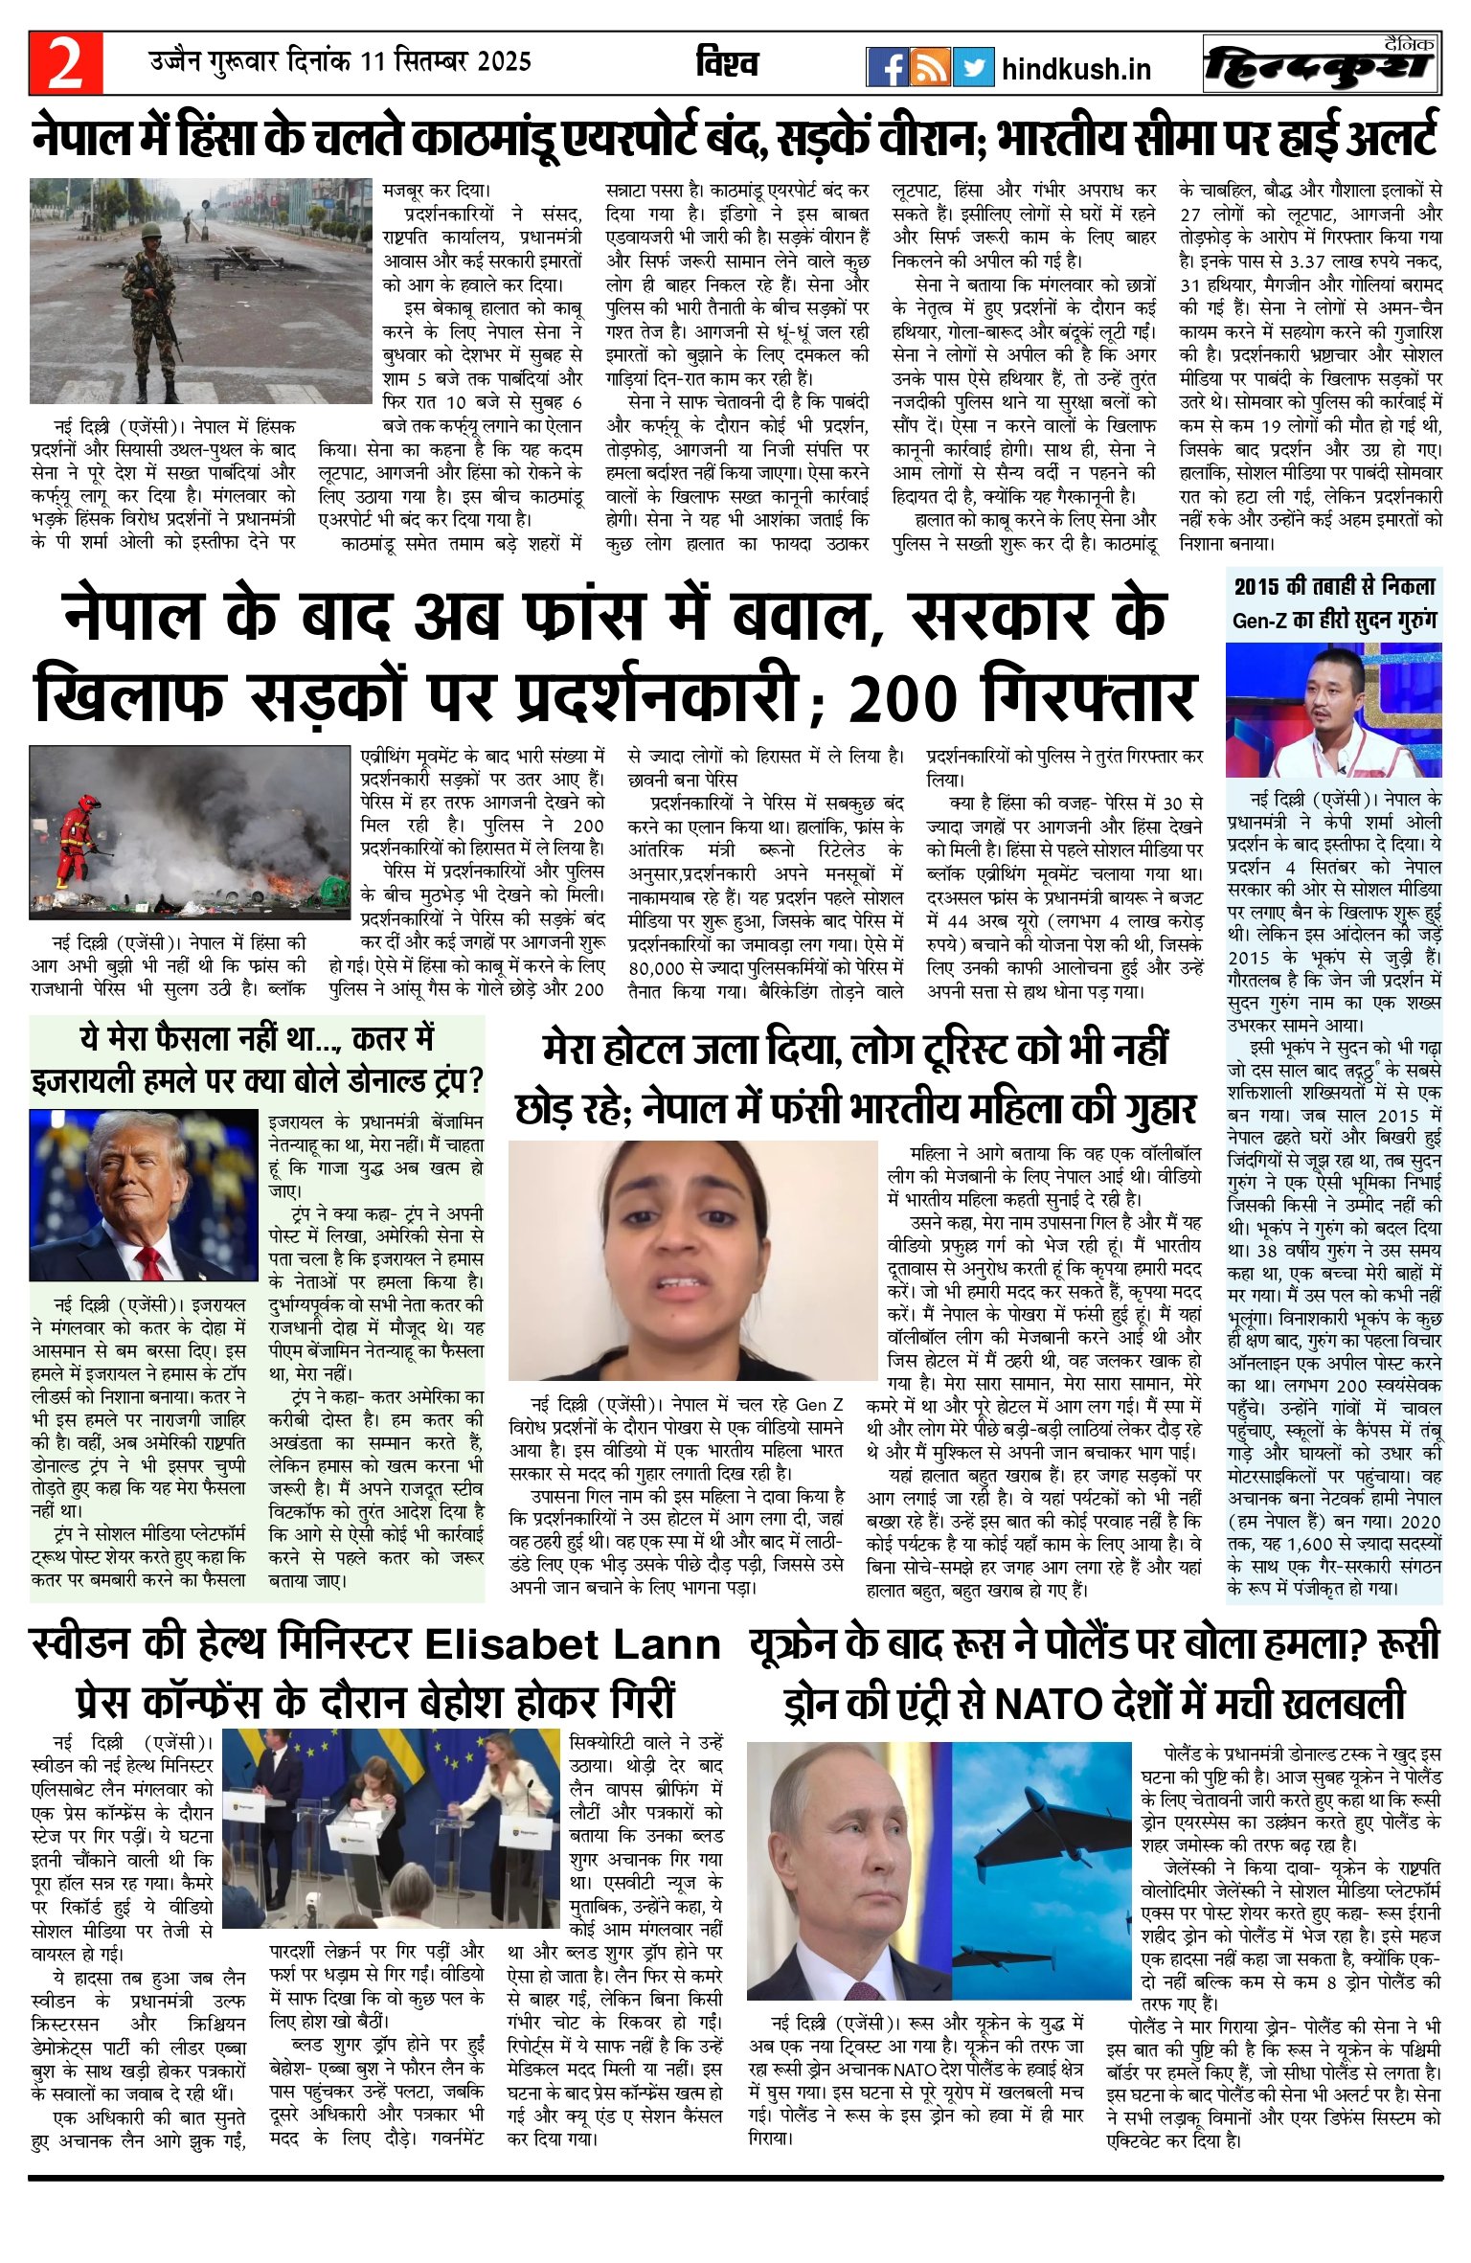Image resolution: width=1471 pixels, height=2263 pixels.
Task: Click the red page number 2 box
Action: tap(65, 64)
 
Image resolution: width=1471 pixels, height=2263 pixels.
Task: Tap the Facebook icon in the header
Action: tap(888, 67)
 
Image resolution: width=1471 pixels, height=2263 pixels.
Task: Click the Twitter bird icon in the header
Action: tap(973, 67)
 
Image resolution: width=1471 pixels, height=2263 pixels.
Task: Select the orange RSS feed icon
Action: tap(930, 67)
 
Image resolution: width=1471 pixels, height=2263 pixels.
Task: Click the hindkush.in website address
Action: tap(1075, 69)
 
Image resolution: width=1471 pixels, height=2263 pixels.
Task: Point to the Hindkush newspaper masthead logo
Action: tap(1322, 65)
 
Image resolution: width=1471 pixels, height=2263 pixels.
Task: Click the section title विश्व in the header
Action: tap(727, 63)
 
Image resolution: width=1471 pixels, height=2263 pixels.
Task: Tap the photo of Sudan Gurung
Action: tap(1332, 710)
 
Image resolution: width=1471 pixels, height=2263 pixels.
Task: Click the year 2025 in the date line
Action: tap(504, 62)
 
